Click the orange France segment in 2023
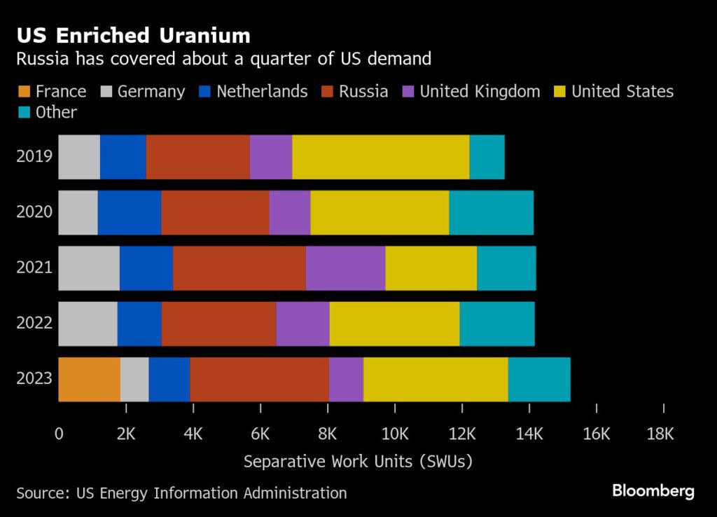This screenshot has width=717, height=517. tap(89, 379)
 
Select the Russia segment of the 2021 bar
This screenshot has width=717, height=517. tap(239, 268)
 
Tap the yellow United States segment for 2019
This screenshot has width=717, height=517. tap(380, 156)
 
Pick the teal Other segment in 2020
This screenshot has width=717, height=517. tap(491, 212)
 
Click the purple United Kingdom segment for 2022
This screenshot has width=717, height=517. tap(302, 324)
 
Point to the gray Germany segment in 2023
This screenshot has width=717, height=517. tap(134, 379)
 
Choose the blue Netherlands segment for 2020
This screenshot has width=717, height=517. tap(129, 212)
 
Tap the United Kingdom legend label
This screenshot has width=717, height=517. tap(480, 92)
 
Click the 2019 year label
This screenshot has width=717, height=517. tap(34, 156)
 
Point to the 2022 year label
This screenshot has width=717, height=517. tap(34, 324)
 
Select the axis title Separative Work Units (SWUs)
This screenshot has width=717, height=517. tap(358, 462)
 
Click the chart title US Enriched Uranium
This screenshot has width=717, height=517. tap(133, 36)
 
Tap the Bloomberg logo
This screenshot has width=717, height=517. tap(653, 490)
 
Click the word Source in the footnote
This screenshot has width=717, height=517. tap(41, 493)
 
